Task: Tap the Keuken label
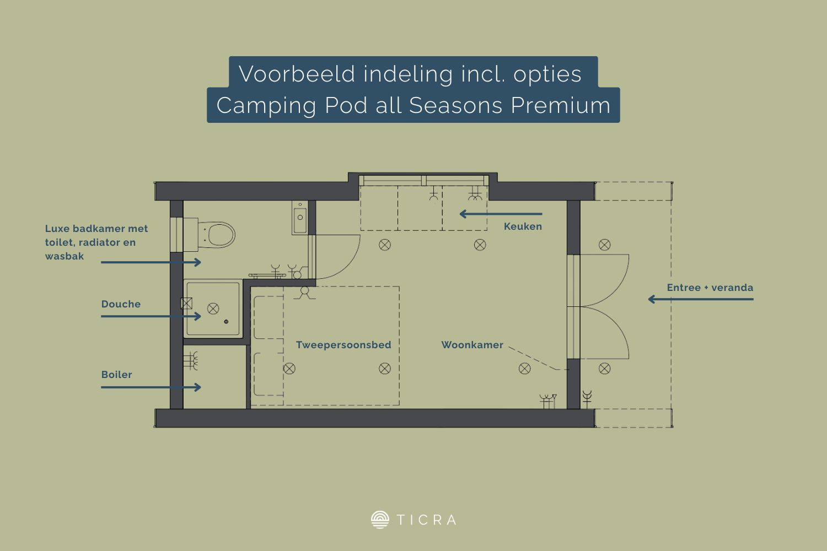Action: (x=523, y=226)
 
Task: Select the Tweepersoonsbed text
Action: (x=343, y=345)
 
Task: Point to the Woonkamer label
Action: (x=472, y=345)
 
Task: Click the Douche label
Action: (x=121, y=304)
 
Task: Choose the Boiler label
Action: (x=117, y=375)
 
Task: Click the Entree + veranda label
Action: (x=710, y=288)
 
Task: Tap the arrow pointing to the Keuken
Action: (x=501, y=214)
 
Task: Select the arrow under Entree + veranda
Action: (x=701, y=299)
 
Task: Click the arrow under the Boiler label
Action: (x=151, y=387)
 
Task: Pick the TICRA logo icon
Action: (x=380, y=520)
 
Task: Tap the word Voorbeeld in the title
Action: (x=297, y=74)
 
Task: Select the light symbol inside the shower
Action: (x=213, y=309)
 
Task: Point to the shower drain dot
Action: (x=226, y=322)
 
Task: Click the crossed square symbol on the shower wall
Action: (x=186, y=304)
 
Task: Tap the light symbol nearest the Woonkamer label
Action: (x=525, y=368)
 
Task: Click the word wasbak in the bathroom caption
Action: (x=65, y=256)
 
